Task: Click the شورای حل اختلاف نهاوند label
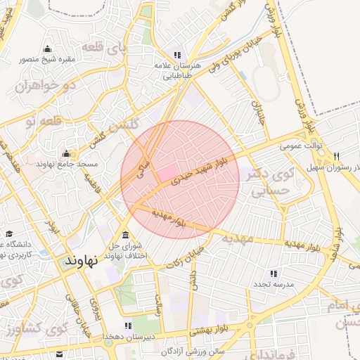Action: (x=126, y=249)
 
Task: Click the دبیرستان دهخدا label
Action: (x=127, y=337)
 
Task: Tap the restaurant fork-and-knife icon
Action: (x=337, y=157)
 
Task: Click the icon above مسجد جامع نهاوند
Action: (x=67, y=153)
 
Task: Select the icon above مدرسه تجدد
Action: (x=274, y=273)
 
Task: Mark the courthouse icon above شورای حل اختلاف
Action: (x=125, y=235)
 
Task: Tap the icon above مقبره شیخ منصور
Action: (x=47, y=49)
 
